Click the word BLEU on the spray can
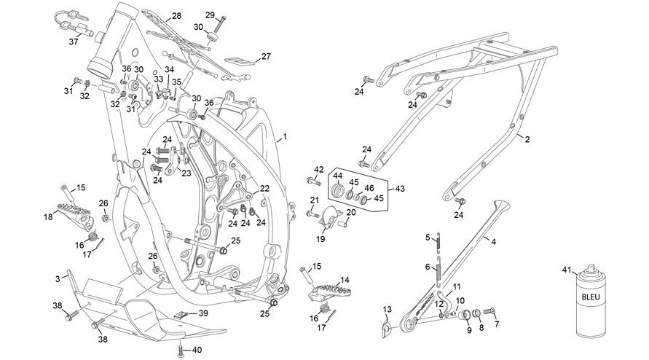(x=591, y=297)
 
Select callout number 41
(x=567, y=270)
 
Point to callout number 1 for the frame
(x=285, y=136)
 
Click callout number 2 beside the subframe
(x=527, y=140)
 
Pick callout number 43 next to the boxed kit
(x=400, y=189)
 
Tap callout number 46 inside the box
(x=369, y=188)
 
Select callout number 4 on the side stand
(x=493, y=241)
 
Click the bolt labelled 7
(x=489, y=310)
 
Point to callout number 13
(x=387, y=310)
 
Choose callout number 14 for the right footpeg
(x=345, y=281)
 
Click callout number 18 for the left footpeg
(x=48, y=216)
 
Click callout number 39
(x=202, y=313)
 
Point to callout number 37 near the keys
(x=74, y=42)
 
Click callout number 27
(x=266, y=56)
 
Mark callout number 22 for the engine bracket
(x=264, y=189)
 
